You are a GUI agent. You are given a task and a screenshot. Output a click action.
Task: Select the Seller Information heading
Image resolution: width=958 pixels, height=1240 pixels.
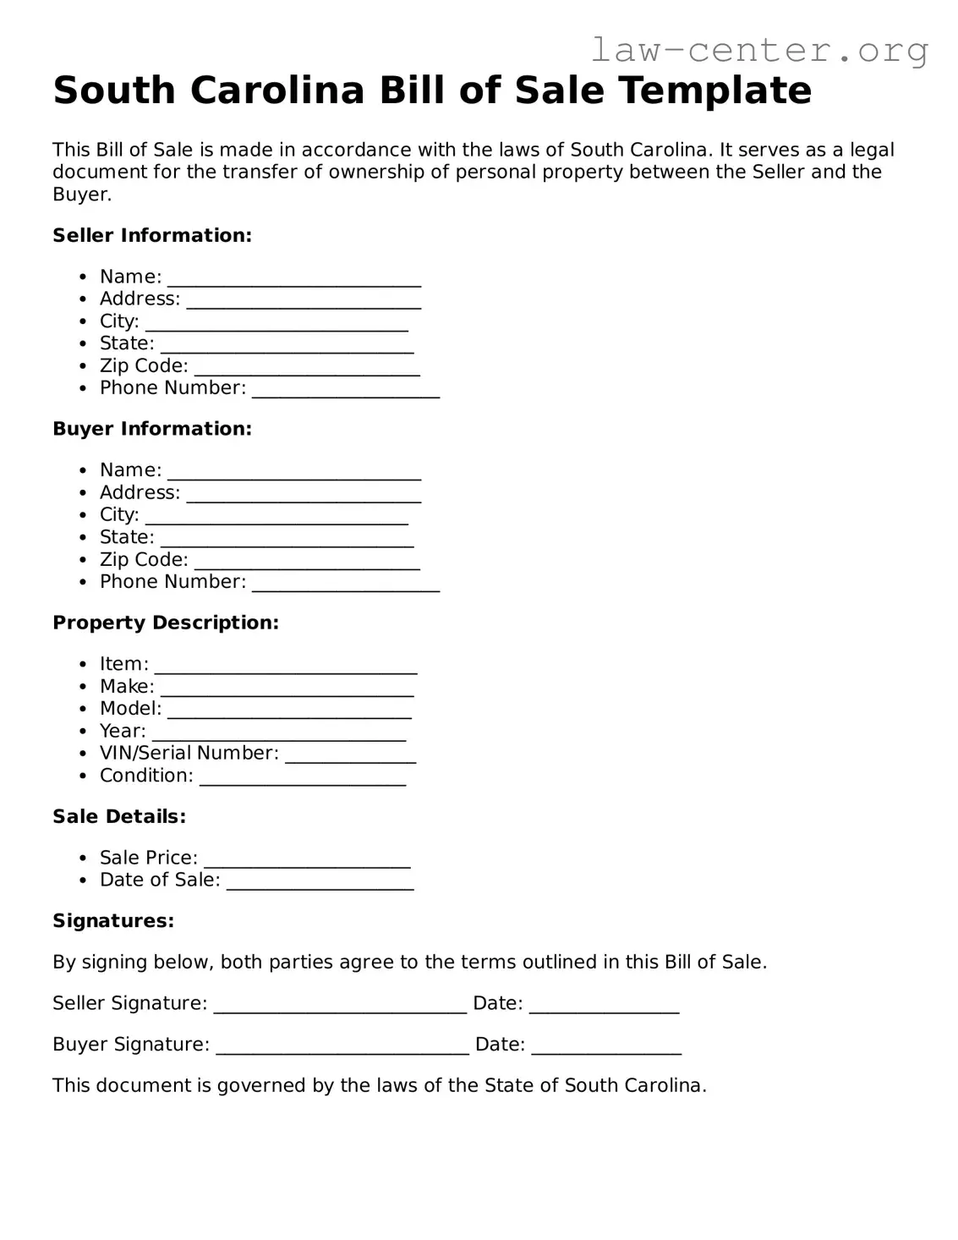tap(152, 235)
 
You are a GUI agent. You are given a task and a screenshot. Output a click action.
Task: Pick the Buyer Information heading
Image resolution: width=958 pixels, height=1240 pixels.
tap(152, 429)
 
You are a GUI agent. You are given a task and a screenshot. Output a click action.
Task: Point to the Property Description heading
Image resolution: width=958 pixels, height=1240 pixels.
tap(166, 623)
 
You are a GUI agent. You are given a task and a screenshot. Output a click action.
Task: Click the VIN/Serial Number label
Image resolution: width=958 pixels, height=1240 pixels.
tap(189, 753)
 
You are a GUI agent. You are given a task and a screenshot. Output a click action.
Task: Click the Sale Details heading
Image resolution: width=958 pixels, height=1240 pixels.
tap(119, 816)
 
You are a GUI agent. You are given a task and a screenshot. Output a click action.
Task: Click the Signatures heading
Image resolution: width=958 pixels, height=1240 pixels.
tap(113, 920)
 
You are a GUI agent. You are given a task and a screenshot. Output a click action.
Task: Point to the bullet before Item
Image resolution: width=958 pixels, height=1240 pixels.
tap(82, 665)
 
